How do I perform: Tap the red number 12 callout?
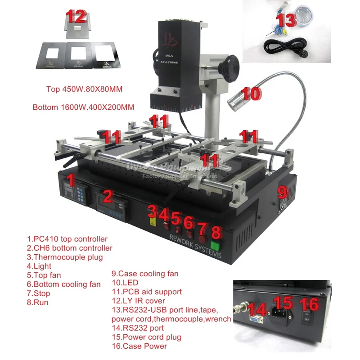76,17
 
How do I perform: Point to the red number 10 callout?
251,93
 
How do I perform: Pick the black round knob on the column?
228,63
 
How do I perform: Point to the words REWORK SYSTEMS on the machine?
194,246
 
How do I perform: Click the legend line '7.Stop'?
39,293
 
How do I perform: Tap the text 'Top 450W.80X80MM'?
85,89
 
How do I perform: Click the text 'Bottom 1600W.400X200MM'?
84,108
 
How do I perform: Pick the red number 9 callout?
282,193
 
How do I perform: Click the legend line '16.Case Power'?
139,346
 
